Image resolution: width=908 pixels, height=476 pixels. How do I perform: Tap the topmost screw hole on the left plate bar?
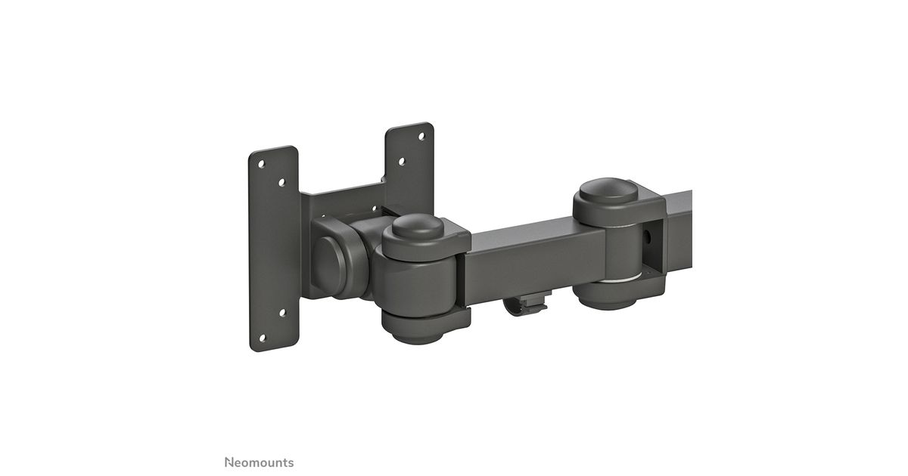coord(262,165)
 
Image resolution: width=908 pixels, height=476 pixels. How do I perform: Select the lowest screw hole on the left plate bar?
coord(262,338)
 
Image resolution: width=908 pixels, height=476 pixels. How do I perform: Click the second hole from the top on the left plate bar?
coord(282,183)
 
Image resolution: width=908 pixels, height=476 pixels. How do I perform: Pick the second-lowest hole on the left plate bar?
coord(282,313)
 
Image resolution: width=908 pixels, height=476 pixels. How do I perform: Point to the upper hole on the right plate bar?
coord(421,137)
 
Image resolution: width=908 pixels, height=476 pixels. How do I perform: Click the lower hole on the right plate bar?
coord(402,162)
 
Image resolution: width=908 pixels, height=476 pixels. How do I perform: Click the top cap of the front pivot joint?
coord(418,227)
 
